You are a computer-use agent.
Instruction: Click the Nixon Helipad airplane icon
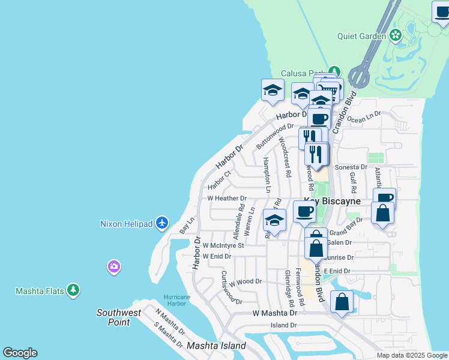click(161, 223)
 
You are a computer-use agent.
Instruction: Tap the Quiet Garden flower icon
click(396, 36)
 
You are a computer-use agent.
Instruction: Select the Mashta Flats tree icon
click(73, 291)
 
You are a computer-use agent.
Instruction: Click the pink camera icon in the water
click(114, 266)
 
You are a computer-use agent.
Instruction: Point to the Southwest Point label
click(119, 317)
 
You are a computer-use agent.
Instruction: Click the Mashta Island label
click(216, 346)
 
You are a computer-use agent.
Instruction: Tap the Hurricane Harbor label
click(176, 300)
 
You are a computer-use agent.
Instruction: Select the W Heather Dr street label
click(227, 199)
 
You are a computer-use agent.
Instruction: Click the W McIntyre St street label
click(223, 245)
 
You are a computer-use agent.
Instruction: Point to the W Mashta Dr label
click(275, 313)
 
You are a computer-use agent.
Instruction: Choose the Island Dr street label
click(283, 325)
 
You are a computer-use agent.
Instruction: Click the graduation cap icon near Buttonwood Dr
click(273, 91)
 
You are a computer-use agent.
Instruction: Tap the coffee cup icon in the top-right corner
click(442, 13)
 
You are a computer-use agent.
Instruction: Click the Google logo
click(20, 353)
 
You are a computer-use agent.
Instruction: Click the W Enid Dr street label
click(217, 256)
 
